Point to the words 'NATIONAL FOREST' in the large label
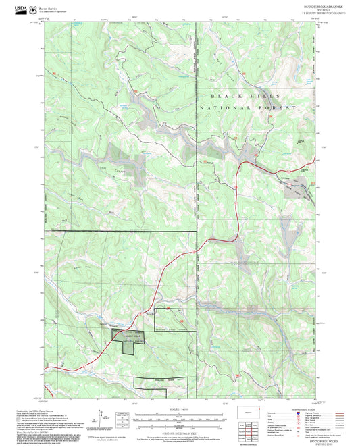click(x=247, y=108)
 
